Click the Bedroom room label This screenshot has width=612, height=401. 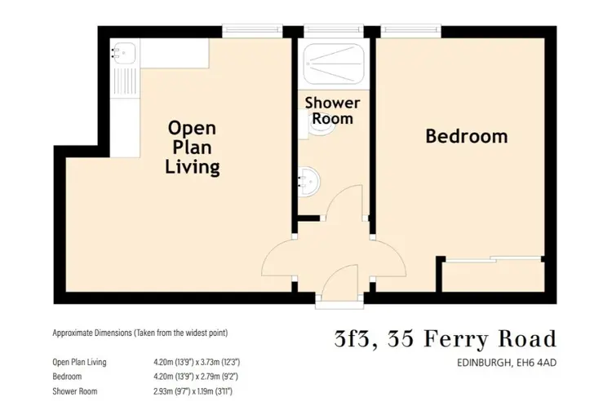click(x=467, y=136)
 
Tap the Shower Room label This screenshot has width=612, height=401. click(x=333, y=111)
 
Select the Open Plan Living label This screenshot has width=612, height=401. click(x=192, y=148)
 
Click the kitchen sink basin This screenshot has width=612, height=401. click(x=125, y=53)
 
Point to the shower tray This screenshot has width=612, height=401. click(x=334, y=64)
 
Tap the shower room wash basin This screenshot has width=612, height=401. click(x=309, y=182)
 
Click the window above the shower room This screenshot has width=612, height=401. click(x=333, y=29)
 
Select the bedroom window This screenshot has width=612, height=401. click(x=410, y=29)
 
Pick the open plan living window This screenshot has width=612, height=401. click(x=252, y=29)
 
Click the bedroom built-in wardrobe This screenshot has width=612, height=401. click(x=494, y=276)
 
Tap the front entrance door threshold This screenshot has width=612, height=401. click(x=339, y=303)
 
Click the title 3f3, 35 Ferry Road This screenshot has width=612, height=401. click(x=446, y=338)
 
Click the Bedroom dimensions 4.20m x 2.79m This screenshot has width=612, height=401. click(x=196, y=377)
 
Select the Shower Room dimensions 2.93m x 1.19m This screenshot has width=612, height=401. click(x=193, y=391)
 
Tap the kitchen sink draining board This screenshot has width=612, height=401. click(x=125, y=81)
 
